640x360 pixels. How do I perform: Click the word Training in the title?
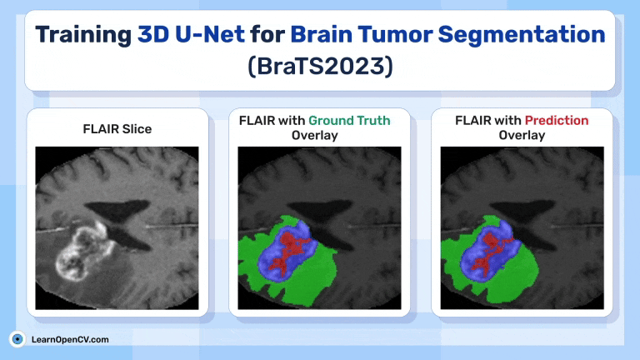click(x=83, y=36)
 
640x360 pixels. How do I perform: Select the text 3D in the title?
click(x=153, y=34)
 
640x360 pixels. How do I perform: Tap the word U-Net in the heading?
click(x=210, y=34)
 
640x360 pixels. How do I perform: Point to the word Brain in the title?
click(x=321, y=34)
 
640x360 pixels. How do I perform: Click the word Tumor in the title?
click(x=395, y=34)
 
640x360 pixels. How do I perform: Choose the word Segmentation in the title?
click(x=521, y=36)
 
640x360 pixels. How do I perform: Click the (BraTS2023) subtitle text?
click(x=320, y=66)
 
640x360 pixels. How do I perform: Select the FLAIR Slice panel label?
click(x=117, y=129)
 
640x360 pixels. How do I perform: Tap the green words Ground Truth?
click(x=349, y=120)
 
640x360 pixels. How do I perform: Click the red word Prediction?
click(x=557, y=120)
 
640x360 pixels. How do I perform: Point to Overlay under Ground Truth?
click(x=315, y=135)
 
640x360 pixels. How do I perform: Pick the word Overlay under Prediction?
click(x=522, y=135)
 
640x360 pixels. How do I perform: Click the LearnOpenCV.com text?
click(x=70, y=340)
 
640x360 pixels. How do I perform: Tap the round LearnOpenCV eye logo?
click(x=17, y=339)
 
